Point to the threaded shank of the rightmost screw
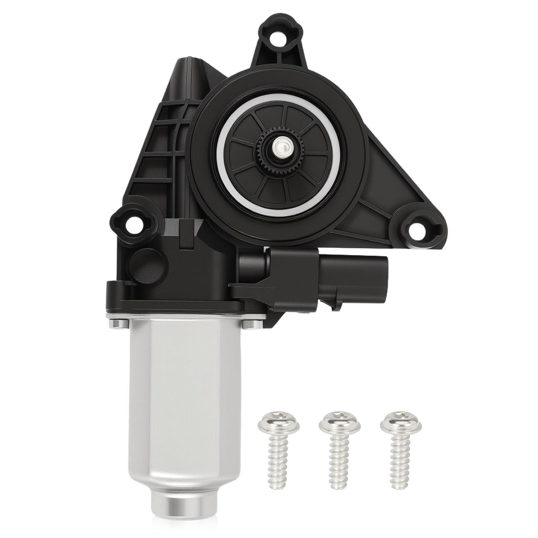(x=395, y=461)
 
